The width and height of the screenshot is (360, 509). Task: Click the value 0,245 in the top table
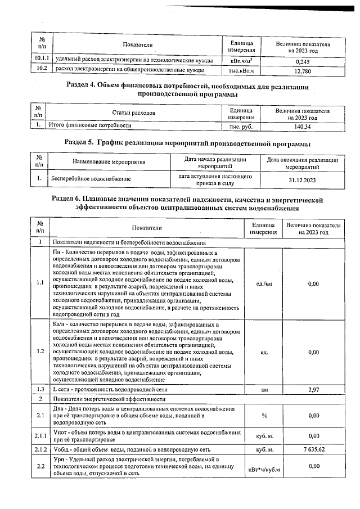coord(303,61)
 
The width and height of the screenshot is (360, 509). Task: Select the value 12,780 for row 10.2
coord(303,71)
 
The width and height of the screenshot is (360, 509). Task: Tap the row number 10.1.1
coord(42,59)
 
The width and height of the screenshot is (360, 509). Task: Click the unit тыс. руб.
coord(241,127)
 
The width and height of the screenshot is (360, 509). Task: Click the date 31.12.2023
coord(303,179)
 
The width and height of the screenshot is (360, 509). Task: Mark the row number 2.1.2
coord(40,450)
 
